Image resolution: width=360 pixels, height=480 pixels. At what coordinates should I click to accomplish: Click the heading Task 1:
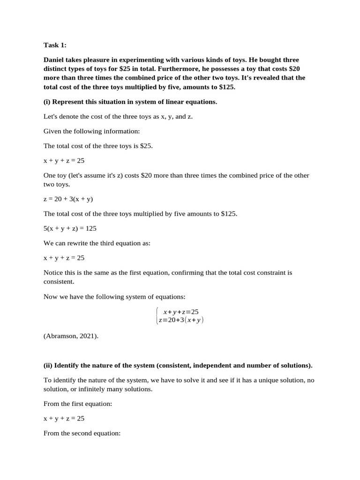(55, 45)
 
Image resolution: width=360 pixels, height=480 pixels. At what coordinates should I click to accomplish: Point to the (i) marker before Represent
(47, 102)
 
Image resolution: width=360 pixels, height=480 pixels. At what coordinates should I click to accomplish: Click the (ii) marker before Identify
(48, 365)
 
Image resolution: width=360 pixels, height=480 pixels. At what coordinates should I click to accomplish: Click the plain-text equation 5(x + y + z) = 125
(70, 228)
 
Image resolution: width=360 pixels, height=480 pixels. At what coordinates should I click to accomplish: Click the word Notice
(53, 272)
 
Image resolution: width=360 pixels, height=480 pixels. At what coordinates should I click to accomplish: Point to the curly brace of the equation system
(157, 315)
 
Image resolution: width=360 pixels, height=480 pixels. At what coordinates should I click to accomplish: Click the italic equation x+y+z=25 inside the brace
(181, 311)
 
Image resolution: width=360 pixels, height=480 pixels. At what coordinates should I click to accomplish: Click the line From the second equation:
(82, 433)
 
